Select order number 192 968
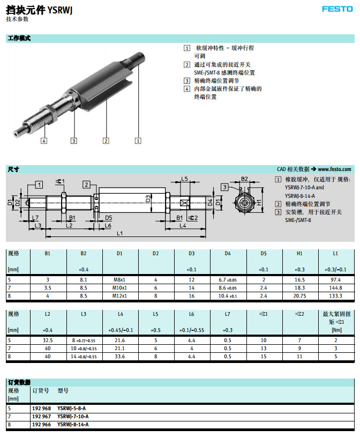point(41,408)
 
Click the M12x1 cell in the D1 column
point(119,296)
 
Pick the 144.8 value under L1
point(334,288)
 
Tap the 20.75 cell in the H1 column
point(299,296)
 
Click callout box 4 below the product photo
point(43,141)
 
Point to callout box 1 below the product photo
point(138,141)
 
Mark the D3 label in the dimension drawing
point(148,199)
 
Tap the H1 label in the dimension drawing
point(259,202)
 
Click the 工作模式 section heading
point(19,39)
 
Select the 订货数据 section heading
point(19,382)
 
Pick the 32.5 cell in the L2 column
point(48,340)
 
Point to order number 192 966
point(41,424)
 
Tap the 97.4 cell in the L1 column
point(335,280)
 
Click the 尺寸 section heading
point(13,169)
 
